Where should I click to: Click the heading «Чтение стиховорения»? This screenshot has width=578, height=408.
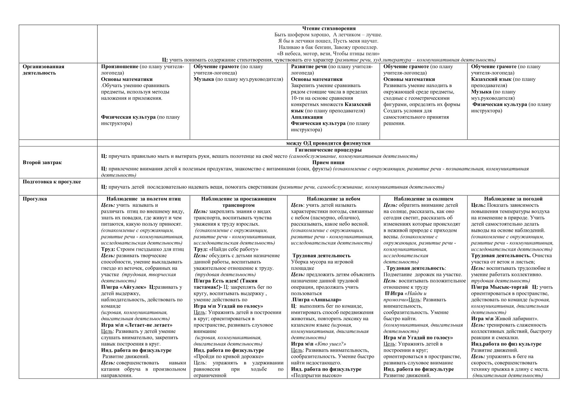click(x=328, y=28)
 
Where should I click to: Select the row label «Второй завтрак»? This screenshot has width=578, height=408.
click(x=42, y=163)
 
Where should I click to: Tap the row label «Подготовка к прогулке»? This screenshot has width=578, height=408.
click(x=52, y=182)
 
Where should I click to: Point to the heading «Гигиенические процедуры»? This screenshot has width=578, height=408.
click(x=328, y=150)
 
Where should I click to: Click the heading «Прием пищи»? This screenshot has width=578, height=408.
click(x=328, y=163)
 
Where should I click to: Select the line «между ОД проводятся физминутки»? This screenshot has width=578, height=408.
click(x=328, y=143)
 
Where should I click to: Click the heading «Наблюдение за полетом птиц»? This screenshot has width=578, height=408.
click(x=143, y=199)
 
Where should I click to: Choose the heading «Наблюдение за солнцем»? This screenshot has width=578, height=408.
click(x=423, y=199)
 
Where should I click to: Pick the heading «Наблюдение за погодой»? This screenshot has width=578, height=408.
click(x=513, y=199)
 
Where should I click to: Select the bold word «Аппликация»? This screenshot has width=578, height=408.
click(x=307, y=117)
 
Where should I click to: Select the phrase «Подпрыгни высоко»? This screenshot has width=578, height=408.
click(x=316, y=375)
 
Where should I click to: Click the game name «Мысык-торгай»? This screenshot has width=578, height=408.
click(x=509, y=287)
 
